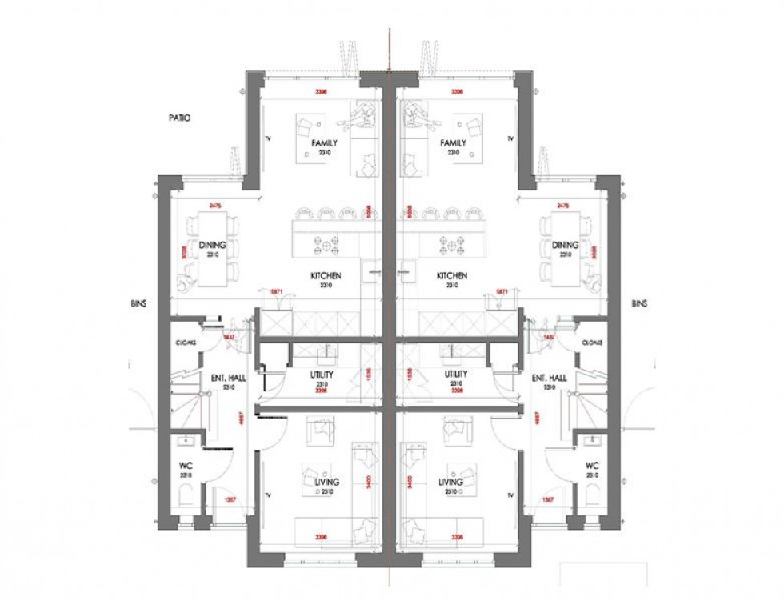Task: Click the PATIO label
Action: [x=180, y=118]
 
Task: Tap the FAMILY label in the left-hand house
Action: [x=324, y=143]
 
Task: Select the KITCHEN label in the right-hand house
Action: [x=452, y=276]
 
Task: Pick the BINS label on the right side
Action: [x=639, y=304]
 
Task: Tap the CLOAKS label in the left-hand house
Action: [x=186, y=343]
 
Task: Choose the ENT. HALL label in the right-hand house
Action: [x=549, y=378]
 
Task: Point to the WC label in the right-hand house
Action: [x=592, y=466]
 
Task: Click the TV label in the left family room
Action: [x=267, y=138]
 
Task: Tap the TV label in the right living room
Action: [x=510, y=496]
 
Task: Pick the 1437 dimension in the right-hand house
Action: [x=549, y=337]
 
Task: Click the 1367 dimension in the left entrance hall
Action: [x=229, y=499]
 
